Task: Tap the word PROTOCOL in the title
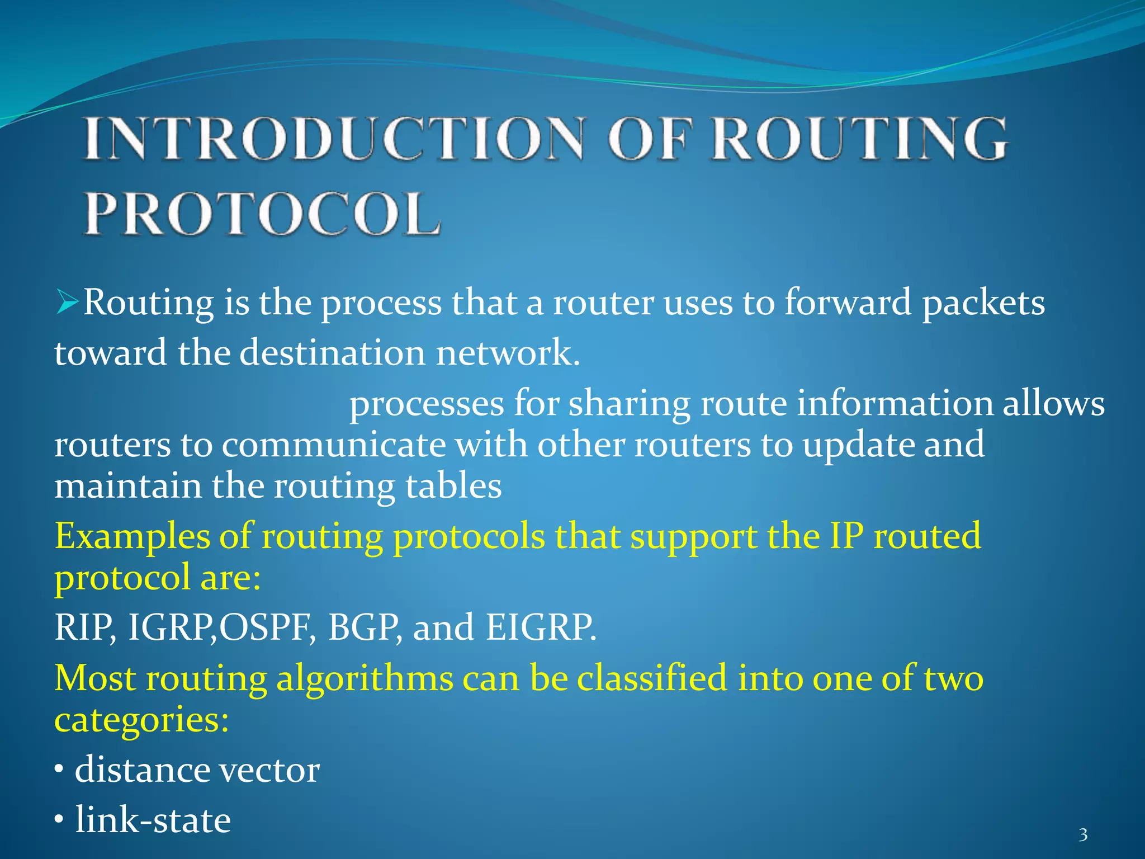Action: [x=262, y=214]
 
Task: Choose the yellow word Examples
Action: [x=132, y=537]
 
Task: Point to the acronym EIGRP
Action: [x=540, y=627]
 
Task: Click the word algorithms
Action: [x=365, y=679]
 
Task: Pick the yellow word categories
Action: [x=141, y=720]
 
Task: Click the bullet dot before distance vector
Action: [x=59, y=771]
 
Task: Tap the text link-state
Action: [x=153, y=820]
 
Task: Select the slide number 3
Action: [x=1083, y=835]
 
